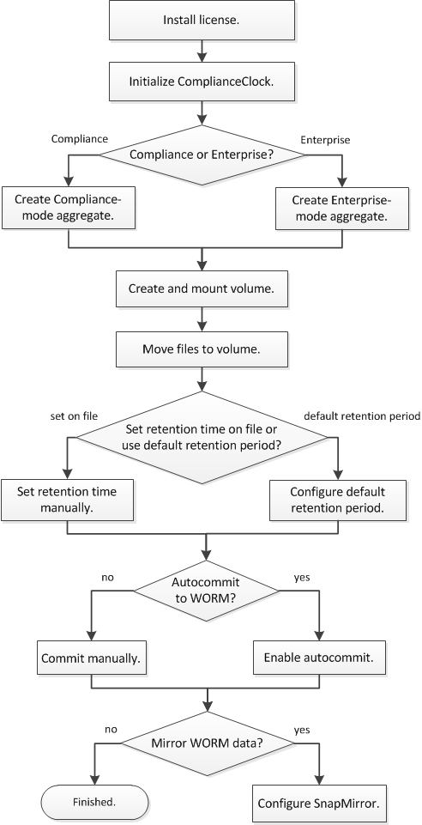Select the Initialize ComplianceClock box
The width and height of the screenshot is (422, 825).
click(x=202, y=82)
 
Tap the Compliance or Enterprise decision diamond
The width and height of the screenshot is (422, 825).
click(x=202, y=155)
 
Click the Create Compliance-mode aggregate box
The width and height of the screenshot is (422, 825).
click(x=68, y=209)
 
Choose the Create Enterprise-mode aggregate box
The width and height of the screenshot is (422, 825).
click(x=342, y=209)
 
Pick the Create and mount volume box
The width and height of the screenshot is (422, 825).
click(x=202, y=288)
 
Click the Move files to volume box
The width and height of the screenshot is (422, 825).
click(x=202, y=349)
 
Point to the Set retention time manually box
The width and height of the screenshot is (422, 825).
click(x=67, y=500)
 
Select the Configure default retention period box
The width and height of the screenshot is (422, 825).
click(x=338, y=500)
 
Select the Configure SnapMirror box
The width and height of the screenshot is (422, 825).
click(x=319, y=804)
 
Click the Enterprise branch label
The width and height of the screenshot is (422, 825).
click(x=325, y=140)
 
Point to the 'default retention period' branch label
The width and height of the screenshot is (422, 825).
click(x=363, y=416)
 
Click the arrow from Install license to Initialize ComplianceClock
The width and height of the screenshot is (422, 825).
click(x=202, y=52)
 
